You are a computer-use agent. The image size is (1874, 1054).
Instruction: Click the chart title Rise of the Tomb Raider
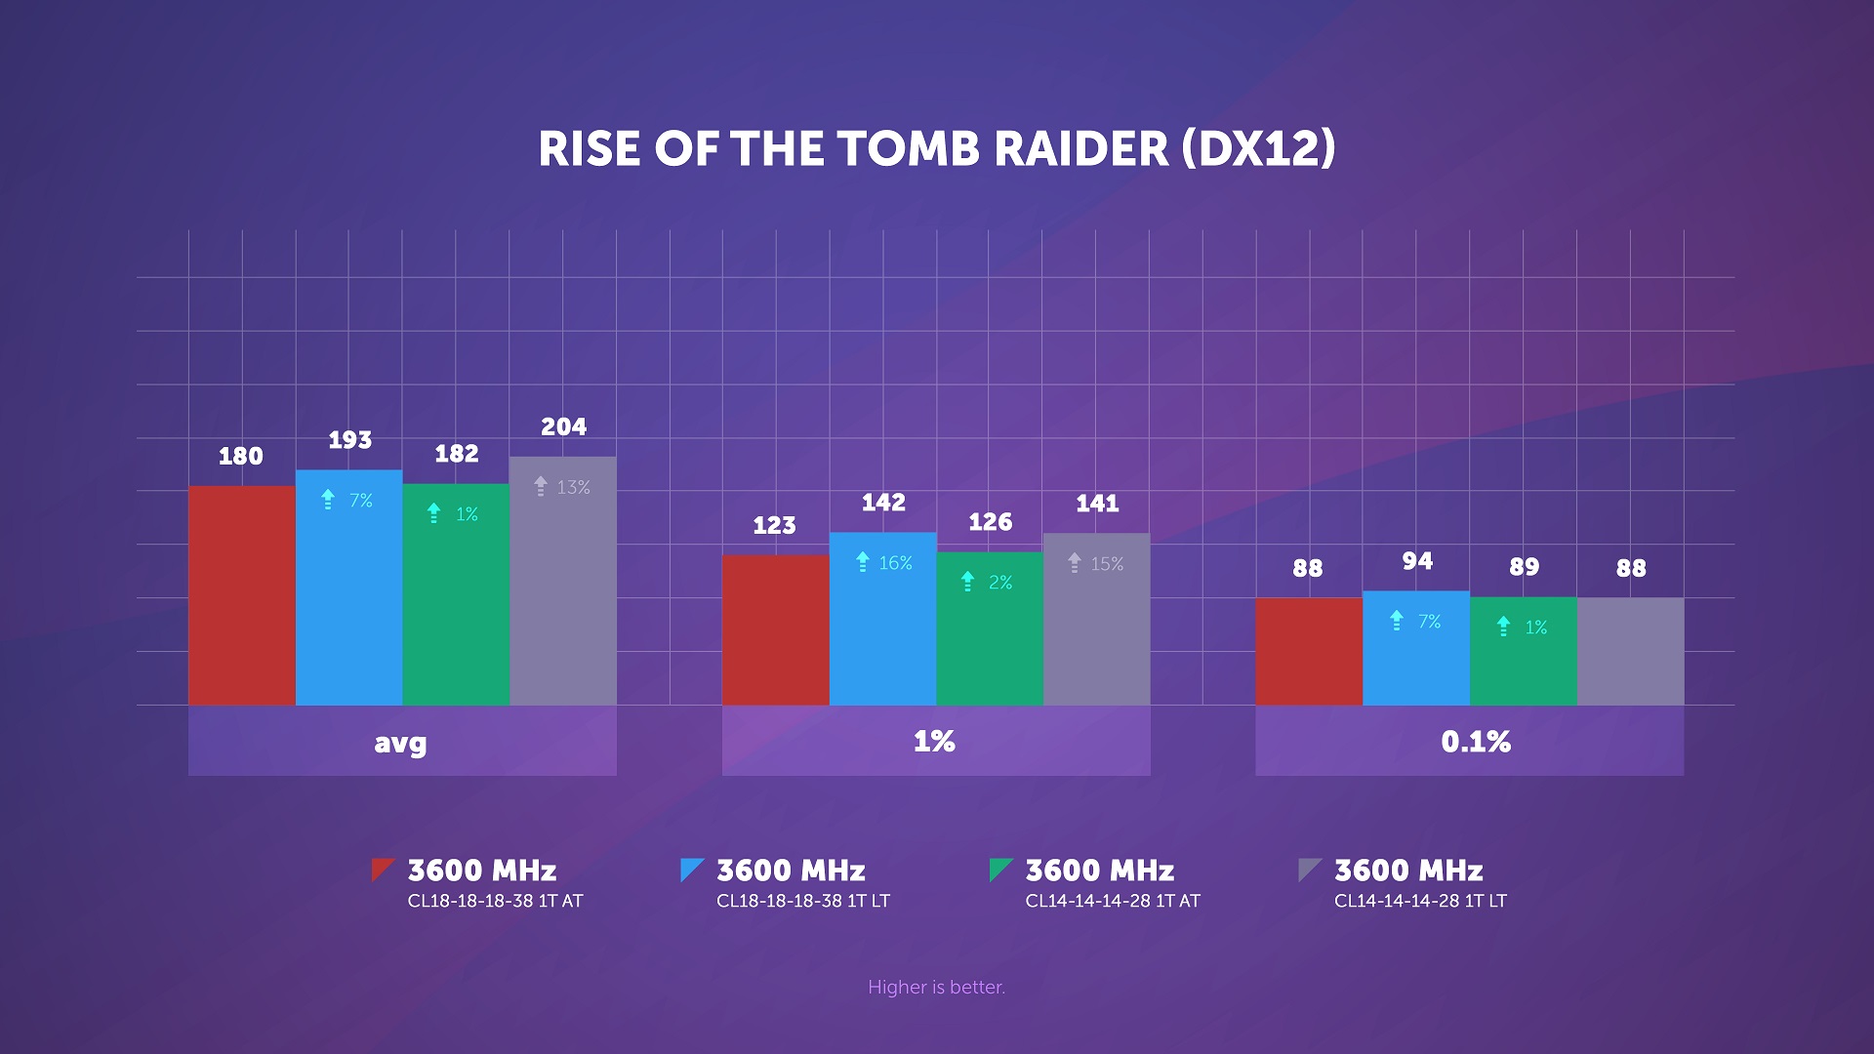click(936, 149)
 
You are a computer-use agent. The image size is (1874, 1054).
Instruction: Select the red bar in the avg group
click(241, 595)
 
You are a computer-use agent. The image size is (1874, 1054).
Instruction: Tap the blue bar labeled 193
click(348, 595)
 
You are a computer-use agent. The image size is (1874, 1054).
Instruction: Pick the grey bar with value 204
click(562, 586)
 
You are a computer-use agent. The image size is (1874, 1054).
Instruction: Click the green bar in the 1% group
click(990, 634)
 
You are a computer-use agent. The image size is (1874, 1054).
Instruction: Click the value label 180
click(240, 456)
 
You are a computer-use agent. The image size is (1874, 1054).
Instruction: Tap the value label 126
click(990, 522)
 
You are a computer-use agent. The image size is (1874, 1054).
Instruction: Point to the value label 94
click(1417, 561)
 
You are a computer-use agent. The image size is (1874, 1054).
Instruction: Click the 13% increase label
click(562, 487)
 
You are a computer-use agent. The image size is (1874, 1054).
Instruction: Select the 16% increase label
click(883, 563)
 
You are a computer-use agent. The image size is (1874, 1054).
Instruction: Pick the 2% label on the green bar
click(989, 583)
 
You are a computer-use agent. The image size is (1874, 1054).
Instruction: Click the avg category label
click(401, 743)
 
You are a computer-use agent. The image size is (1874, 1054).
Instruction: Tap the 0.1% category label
click(1475, 742)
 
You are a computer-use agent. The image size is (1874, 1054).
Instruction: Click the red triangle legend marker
click(381, 868)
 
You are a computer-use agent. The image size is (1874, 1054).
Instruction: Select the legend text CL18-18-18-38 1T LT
click(802, 901)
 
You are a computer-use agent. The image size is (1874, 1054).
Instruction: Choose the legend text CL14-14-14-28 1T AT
click(1112, 901)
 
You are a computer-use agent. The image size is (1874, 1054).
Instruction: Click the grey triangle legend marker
click(1307, 868)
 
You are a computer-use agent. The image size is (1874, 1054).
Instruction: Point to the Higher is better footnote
click(936, 987)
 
